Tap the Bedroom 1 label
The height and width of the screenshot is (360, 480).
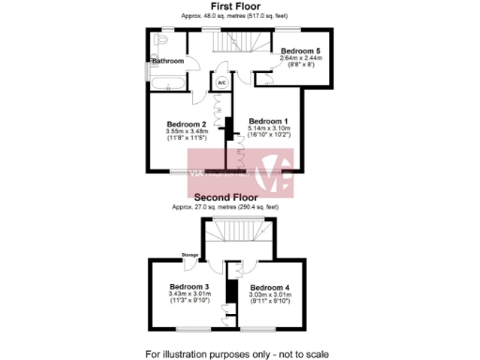pos(268,122)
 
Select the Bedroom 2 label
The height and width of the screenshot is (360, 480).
pos(186,125)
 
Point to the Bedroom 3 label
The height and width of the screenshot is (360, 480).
pos(188,287)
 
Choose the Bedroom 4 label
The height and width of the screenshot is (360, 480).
pos(270,287)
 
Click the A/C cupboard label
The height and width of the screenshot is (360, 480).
pos(222,83)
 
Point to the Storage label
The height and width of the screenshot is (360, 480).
pos(190,254)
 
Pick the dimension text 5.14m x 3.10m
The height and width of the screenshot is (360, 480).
pos(269,129)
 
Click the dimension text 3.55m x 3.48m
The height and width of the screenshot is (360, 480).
pos(186,132)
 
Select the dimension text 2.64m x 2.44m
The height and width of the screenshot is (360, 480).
pos(301,57)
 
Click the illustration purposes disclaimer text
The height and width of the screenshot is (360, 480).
pos(238,353)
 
